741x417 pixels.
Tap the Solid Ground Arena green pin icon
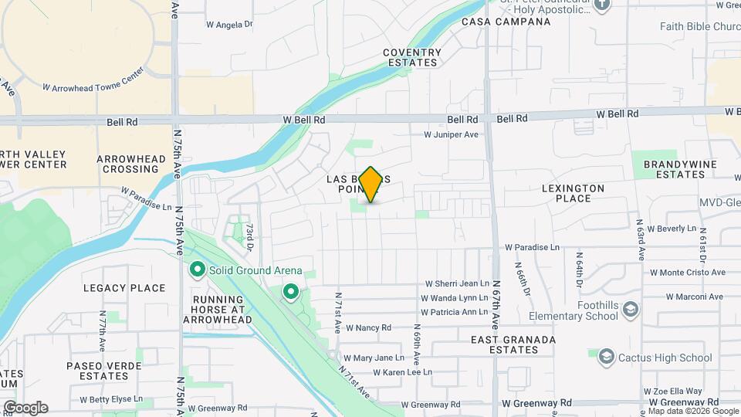click(197, 270)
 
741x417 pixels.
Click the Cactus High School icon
click(606, 357)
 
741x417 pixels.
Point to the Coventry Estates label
click(412, 58)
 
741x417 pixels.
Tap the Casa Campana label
click(506, 22)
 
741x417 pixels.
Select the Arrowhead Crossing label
click(131, 164)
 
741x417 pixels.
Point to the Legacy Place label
click(124, 288)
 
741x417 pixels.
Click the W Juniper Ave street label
click(451, 134)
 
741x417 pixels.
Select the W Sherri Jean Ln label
click(455, 284)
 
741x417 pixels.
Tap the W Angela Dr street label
click(229, 25)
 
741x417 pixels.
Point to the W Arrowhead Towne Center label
click(93, 89)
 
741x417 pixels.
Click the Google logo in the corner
click(25, 408)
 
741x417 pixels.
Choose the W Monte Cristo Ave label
click(687, 273)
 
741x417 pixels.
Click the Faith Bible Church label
click(699, 26)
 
